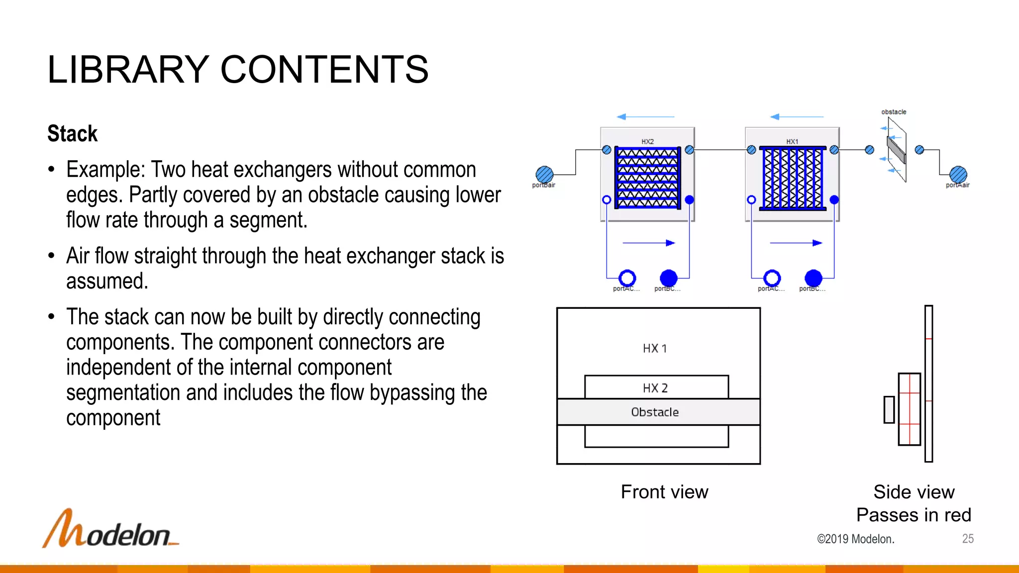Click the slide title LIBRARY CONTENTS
point(238,70)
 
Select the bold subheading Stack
point(73,134)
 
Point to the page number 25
point(968,539)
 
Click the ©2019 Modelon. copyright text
point(855,539)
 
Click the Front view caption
point(664,492)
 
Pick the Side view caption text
point(914,492)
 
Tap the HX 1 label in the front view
point(655,348)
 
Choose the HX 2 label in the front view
point(655,388)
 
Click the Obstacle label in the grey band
point(655,412)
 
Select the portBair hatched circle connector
point(544,175)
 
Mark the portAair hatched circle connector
point(958,175)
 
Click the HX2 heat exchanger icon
point(647,177)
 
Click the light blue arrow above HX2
point(645,117)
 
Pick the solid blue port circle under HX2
point(669,278)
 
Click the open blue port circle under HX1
point(772,278)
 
